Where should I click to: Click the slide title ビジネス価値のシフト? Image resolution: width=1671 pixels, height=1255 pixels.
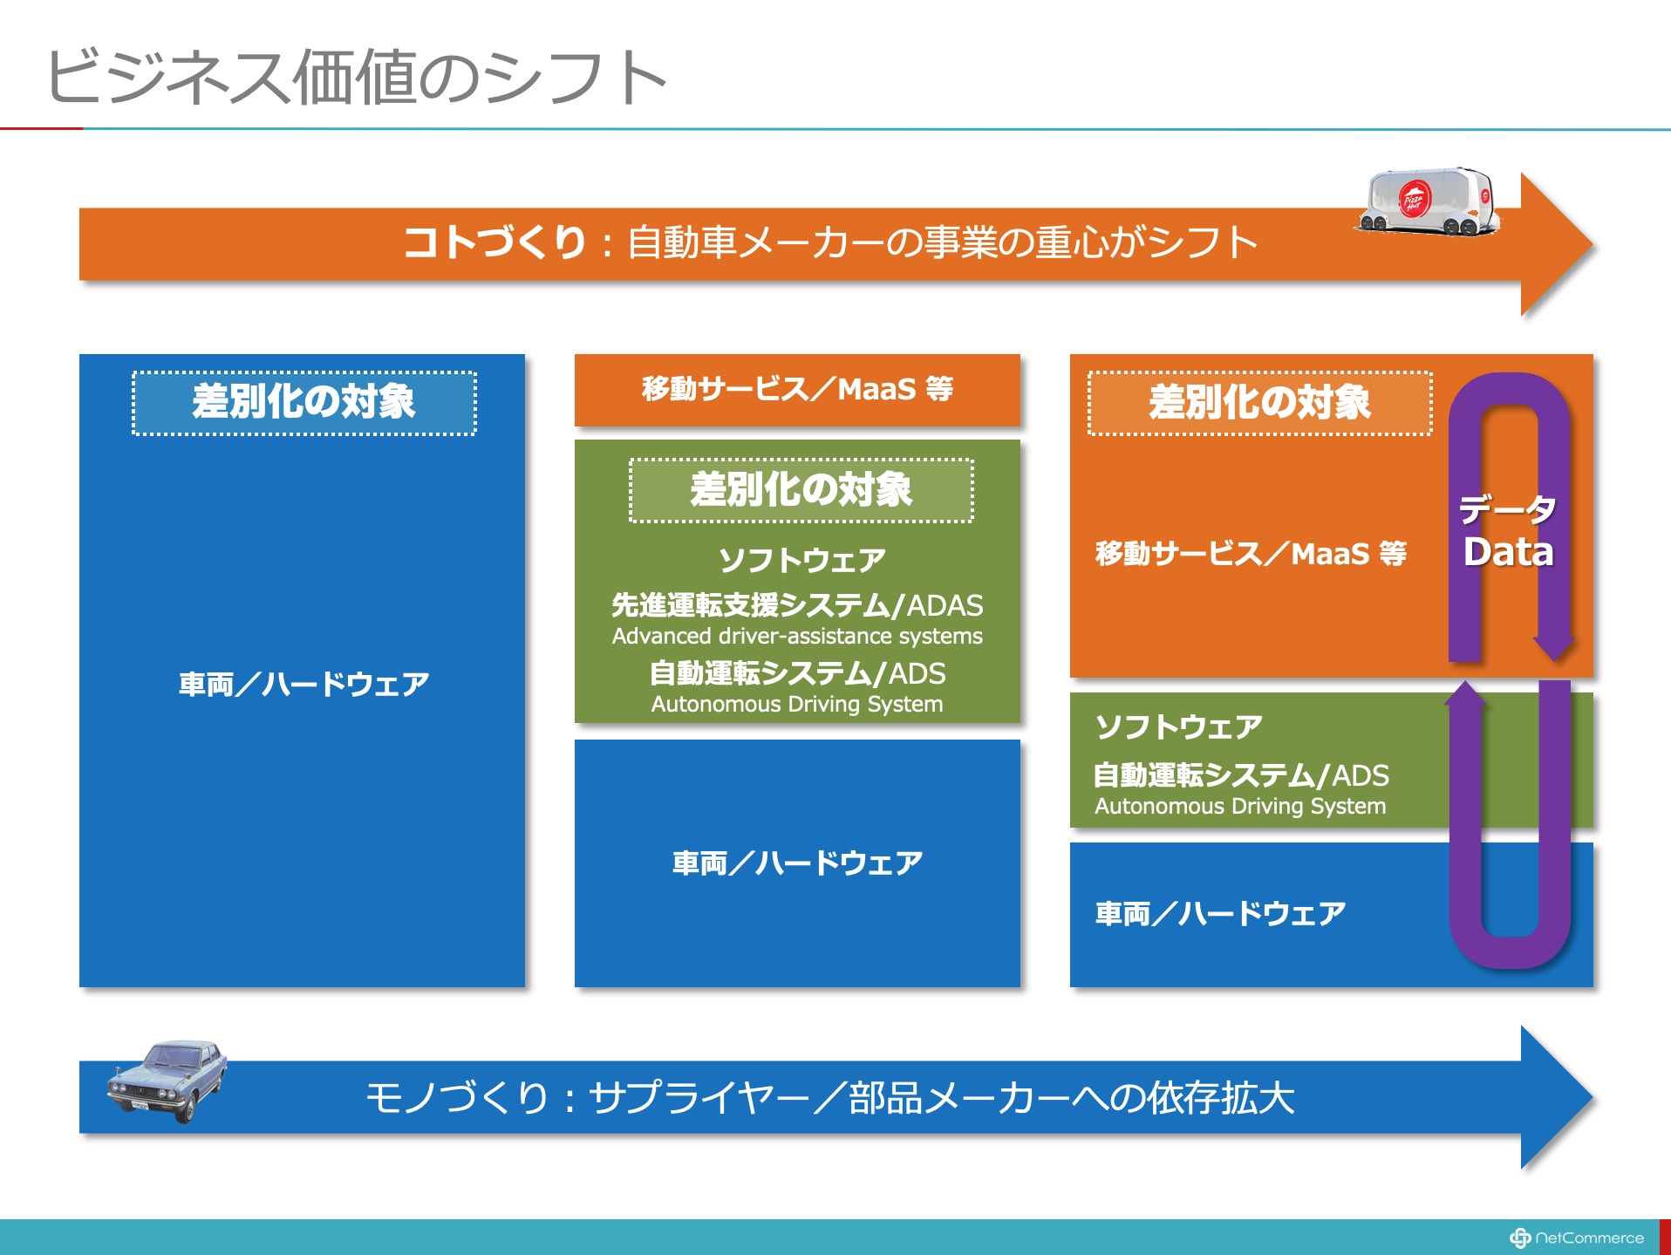tap(357, 77)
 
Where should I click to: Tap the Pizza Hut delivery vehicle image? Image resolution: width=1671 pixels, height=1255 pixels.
tap(1428, 201)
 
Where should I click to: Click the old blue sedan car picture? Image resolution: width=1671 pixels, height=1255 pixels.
tap(167, 1080)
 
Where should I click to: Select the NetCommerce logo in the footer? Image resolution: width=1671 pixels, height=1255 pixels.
tap(1576, 1238)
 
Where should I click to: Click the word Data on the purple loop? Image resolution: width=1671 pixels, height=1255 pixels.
tap(1508, 552)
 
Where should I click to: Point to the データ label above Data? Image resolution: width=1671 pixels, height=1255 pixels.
tap(1508, 508)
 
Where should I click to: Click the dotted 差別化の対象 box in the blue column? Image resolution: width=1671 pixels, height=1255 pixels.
tap(304, 403)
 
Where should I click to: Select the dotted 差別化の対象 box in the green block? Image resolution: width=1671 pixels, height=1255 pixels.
tap(801, 490)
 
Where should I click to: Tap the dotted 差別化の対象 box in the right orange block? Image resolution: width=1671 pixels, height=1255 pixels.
tap(1259, 403)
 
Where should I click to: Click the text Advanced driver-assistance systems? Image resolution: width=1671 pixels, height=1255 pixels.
tap(797, 636)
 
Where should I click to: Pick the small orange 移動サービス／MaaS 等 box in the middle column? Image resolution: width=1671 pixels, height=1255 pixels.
tap(797, 390)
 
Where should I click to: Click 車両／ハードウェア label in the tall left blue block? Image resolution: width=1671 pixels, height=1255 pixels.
tap(304, 684)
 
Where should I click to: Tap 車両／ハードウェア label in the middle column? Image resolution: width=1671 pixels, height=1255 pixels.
tap(797, 863)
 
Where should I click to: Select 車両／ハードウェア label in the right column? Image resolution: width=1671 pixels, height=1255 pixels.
tap(1220, 913)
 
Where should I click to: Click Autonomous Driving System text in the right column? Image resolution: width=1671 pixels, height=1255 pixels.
tap(1240, 806)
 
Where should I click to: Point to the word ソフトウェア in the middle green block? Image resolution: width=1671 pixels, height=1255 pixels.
tap(801, 560)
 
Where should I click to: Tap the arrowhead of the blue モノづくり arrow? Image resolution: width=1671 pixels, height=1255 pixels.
tap(1556, 1097)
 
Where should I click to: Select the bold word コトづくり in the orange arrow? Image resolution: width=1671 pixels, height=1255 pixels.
tap(494, 242)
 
